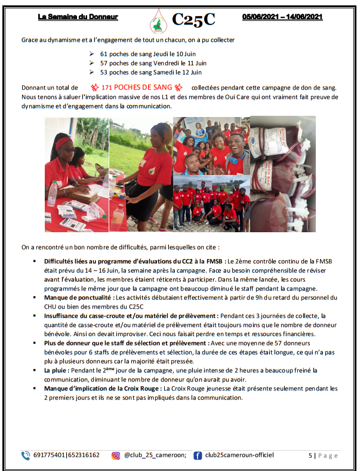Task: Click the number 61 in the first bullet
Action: (x=104, y=53)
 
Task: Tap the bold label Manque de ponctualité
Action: (x=78, y=297)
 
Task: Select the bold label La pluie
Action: (x=57, y=371)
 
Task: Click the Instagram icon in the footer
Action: (x=116, y=455)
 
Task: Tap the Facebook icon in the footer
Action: (x=198, y=455)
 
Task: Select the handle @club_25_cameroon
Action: (x=155, y=455)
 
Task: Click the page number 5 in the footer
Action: (x=310, y=455)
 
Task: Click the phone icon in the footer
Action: (x=26, y=455)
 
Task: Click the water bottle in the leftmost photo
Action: (x=53, y=193)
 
